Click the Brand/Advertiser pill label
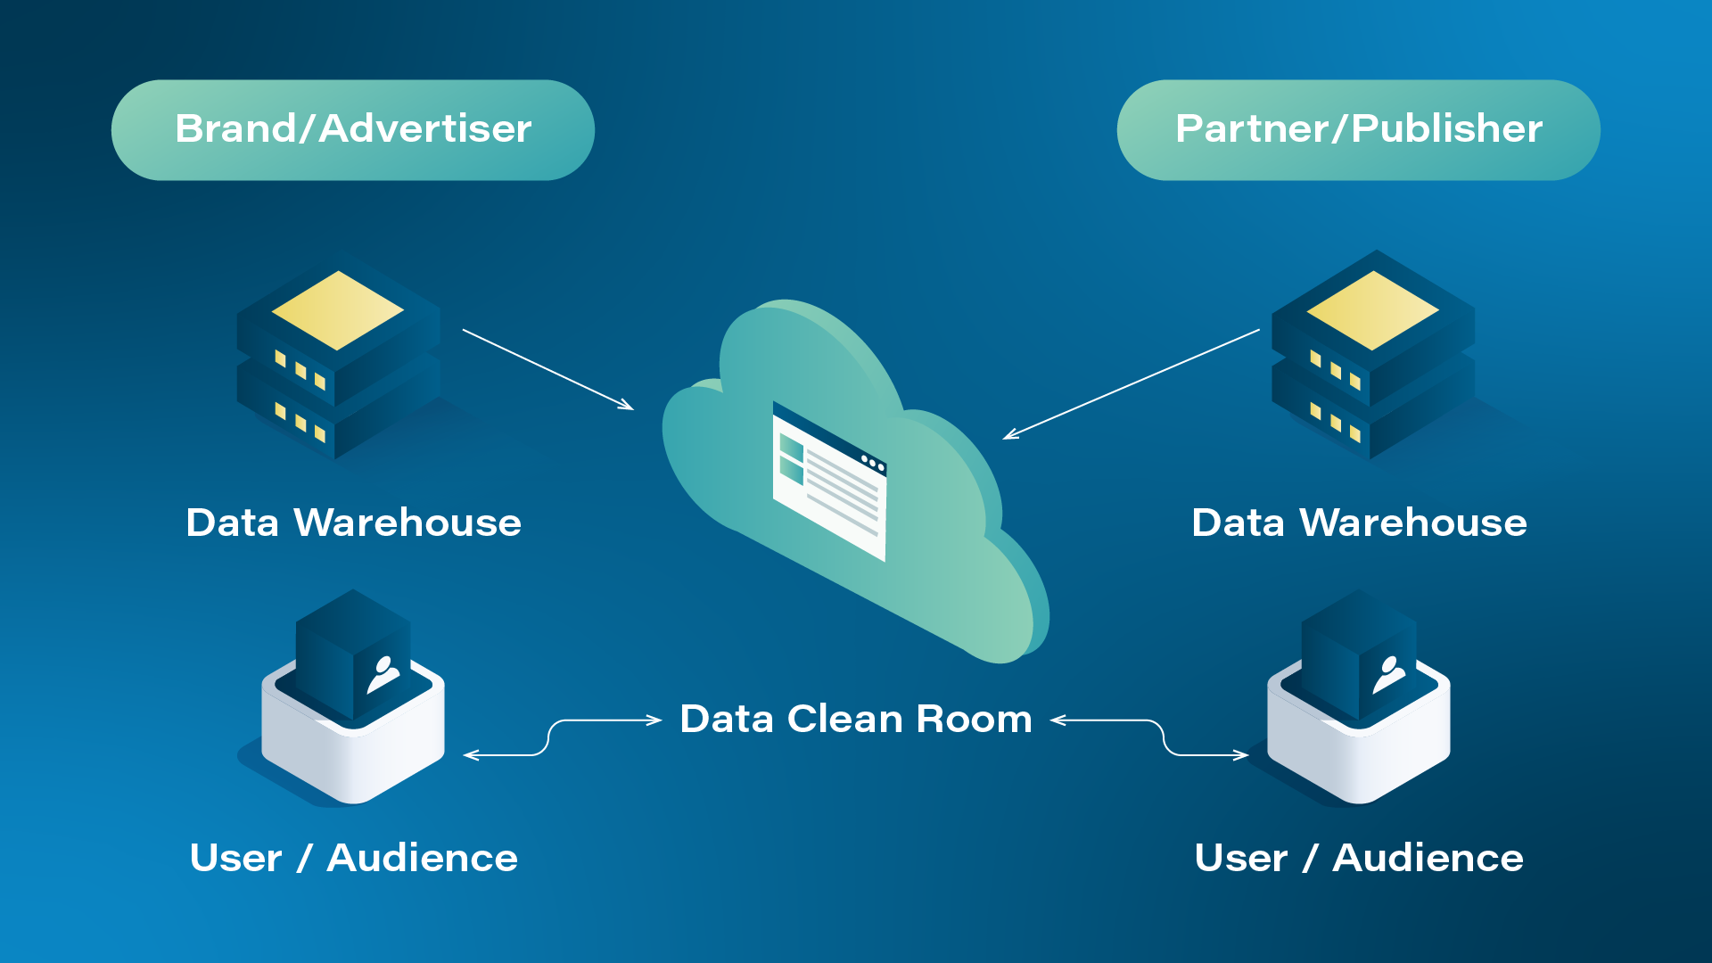click(353, 129)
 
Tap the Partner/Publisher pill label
click(1358, 129)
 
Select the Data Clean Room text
click(855, 719)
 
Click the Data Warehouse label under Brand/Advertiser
click(353, 523)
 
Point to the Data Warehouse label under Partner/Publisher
click(1359, 523)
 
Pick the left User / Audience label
click(353, 858)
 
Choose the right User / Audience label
click(1359, 858)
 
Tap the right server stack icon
click(1372, 361)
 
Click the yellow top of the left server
click(337, 309)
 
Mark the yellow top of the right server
click(1372, 309)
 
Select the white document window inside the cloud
click(829, 481)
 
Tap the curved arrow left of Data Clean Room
click(547, 737)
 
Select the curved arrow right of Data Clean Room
click(1164, 737)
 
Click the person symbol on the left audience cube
click(383, 675)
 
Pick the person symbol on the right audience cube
click(1388, 675)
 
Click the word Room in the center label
click(974, 719)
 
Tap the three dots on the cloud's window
click(873, 463)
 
